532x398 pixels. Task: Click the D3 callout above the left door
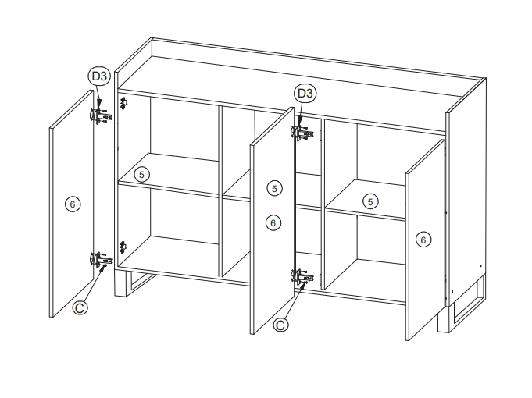click(99, 76)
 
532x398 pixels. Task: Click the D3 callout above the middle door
click(305, 93)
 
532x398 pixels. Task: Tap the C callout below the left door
click(80, 307)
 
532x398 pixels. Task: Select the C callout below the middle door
click(280, 325)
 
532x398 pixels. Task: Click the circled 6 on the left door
click(73, 204)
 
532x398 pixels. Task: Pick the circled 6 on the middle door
click(273, 222)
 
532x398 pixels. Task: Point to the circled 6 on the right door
click(423, 240)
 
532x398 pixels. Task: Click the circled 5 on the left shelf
click(141, 175)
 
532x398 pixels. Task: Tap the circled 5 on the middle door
click(274, 189)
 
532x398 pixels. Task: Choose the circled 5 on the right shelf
click(370, 201)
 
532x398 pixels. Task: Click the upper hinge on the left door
click(101, 115)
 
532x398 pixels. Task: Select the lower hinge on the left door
click(101, 259)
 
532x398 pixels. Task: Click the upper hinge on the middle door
click(302, 133)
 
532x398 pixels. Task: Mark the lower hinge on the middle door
click(302, 276)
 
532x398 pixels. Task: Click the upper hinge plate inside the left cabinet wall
click(123, 103)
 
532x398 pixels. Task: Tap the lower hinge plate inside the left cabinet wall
click(123, 247)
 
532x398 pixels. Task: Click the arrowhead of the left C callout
click(102, 268)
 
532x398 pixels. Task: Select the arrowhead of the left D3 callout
click(99, 104)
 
